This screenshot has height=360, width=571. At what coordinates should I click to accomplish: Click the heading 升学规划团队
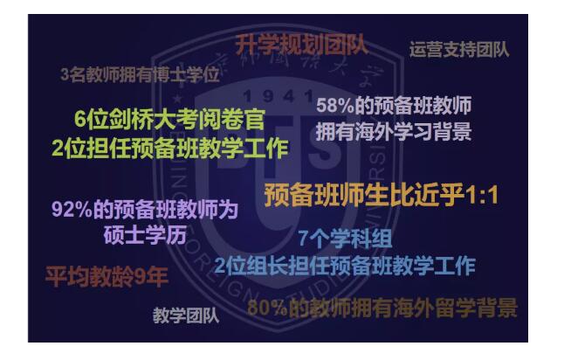[300, 44]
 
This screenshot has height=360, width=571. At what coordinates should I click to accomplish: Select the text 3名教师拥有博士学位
[140, 75]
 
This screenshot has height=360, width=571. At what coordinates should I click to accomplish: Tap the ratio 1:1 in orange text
[479, 195]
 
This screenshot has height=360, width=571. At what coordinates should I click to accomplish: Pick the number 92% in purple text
[71, 211]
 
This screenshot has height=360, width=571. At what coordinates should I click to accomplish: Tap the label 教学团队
[185, 315]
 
